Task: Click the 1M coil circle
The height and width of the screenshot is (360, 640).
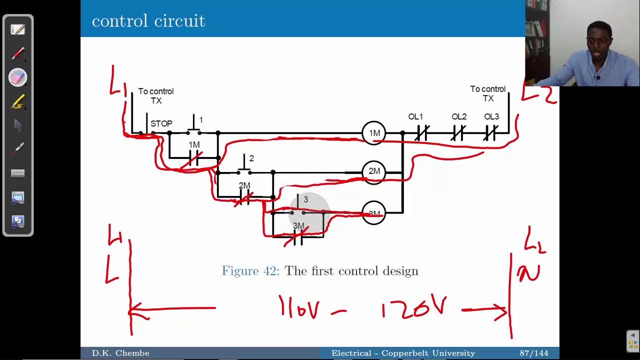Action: click(x=374, y=133)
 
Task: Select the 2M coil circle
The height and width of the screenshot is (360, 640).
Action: click(x=374, y=171)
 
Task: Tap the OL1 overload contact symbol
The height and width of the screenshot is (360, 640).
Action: click(x=421, y=133)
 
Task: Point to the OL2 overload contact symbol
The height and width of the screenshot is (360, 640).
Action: click(x=458, y=133)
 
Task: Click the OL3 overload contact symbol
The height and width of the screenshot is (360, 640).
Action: click(x=490, y=133)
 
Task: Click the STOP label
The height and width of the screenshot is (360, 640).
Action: click(x=161, y=123)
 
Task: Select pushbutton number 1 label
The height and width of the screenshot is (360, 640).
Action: click(x=201, y=120)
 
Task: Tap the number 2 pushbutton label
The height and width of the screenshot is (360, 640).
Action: click(x=251, y=158)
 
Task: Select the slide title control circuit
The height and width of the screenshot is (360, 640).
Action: click(x=148, y=21)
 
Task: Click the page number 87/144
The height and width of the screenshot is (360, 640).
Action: click(x=534, y=353)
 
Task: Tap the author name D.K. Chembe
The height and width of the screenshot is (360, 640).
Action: click(x=120, y=353)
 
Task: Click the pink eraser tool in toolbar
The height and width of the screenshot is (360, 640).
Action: click(x=17, y=77)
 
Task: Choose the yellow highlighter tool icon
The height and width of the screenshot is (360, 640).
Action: click(x=17, y=102)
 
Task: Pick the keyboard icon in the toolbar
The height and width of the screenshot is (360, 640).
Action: click(x=17, y=173)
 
